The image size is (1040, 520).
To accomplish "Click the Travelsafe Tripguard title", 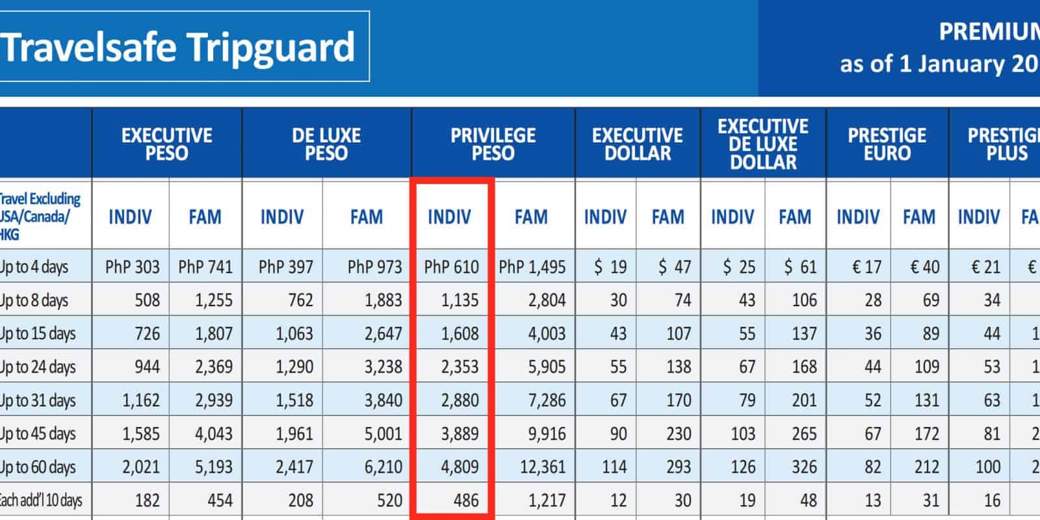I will (x=178, y=47).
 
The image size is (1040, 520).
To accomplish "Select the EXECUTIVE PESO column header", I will (x=166, y=144).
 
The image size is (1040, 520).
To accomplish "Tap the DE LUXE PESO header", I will (x=326, y=144).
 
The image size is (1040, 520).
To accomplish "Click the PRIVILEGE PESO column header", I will (x=493, y=144).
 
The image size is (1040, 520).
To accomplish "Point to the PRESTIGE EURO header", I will (x=887, y=144).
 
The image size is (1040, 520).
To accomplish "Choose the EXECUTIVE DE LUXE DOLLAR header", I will (x=763, y=144).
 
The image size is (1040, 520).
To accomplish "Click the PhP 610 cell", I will (x=451, y=266).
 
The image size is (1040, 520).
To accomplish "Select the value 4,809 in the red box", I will (x=460, y=467).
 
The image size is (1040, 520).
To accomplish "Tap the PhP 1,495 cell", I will (x=532, y=266).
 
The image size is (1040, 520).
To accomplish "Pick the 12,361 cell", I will (x=543, y=467).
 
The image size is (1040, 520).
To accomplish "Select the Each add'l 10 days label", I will (x=40, y=500).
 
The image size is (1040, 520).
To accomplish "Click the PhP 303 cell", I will (x=132, y=266).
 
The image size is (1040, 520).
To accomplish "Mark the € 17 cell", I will (x=866, y=266).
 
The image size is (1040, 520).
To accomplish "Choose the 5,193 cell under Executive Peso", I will (x=214, y=467).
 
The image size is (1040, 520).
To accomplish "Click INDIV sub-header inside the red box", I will (x=449, y=216).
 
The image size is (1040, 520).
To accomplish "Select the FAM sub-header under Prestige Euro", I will (x=918, y=216).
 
